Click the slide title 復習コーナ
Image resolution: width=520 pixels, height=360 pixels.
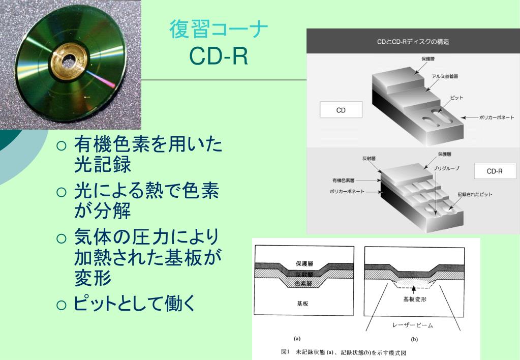[219, 30]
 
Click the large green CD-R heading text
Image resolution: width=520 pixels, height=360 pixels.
[218, 56]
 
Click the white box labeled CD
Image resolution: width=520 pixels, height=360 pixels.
[341, 110]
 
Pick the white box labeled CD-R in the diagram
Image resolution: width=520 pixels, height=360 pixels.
[495, 171]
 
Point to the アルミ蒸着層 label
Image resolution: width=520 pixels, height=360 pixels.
[445, 77]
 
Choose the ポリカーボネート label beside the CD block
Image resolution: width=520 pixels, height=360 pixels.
[496, 117]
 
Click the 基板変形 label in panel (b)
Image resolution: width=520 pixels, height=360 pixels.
[414, 299]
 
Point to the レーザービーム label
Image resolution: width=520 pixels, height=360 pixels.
[413, 323]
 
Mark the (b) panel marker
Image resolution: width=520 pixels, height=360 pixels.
[414, 339]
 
